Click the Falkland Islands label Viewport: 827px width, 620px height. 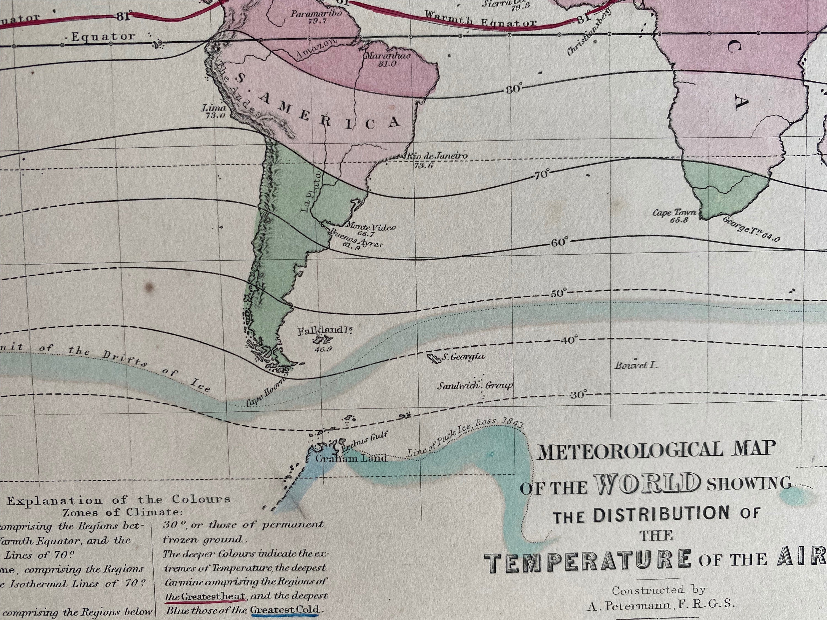[x=324, y=330]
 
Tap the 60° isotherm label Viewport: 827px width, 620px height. [x=559, y=242]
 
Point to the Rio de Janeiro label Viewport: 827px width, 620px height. [x=437, y=156]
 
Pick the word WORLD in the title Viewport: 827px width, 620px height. [x=646, y=484]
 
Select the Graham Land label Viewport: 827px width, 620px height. [x=351, y=458]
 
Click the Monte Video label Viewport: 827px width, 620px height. [x=370, y=227]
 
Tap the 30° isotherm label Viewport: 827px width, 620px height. [x=579, y=395]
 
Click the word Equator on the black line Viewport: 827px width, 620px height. [x=103, y=37]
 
